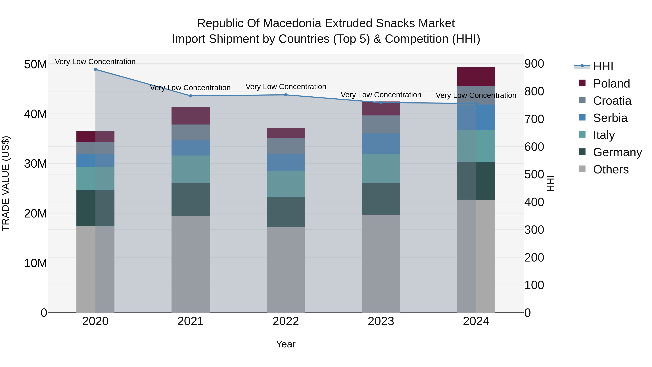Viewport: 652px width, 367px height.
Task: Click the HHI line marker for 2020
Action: tap(95, 69)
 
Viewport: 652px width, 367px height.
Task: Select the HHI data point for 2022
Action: tap(286, 95)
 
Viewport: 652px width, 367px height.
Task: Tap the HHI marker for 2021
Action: tap(191, 96)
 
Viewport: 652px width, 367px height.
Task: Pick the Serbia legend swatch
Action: tap(582, 117)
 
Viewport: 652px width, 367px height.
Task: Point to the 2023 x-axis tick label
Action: tap(381, 321)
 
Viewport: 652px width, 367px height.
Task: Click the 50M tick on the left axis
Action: tap(35, 64)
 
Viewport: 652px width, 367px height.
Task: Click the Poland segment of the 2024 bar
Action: tap(476, 76)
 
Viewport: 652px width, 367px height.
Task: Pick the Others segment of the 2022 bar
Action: tap(286, 269)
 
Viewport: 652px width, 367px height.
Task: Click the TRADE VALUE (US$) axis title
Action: tap(6, 183)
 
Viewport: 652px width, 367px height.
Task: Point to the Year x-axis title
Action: tap(286, 344)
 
